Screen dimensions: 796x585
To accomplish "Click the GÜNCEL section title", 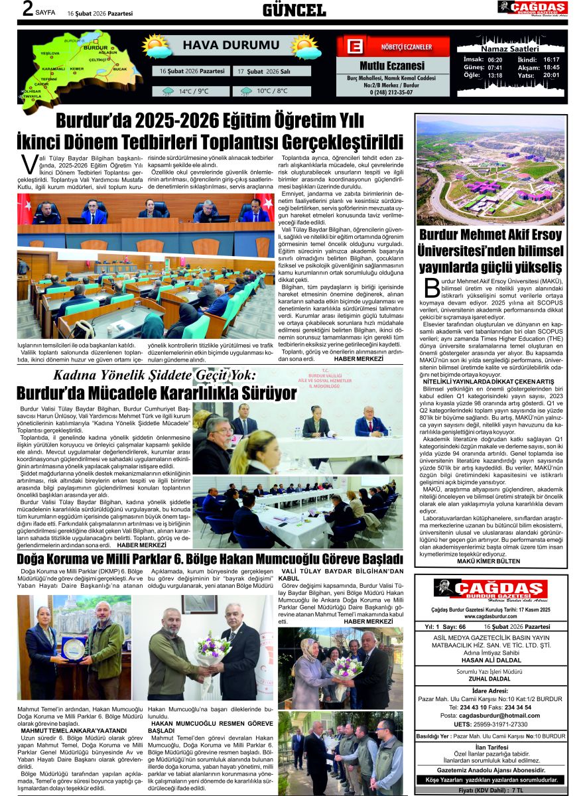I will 294,10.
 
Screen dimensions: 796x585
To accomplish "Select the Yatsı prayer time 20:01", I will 551,75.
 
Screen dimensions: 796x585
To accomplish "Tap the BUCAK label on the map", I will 120,68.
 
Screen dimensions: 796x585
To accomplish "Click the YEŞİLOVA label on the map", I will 50,52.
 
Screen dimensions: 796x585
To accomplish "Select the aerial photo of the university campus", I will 490,170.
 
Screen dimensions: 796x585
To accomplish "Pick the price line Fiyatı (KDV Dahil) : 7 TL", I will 491,790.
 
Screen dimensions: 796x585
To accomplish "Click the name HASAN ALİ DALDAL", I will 490,663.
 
